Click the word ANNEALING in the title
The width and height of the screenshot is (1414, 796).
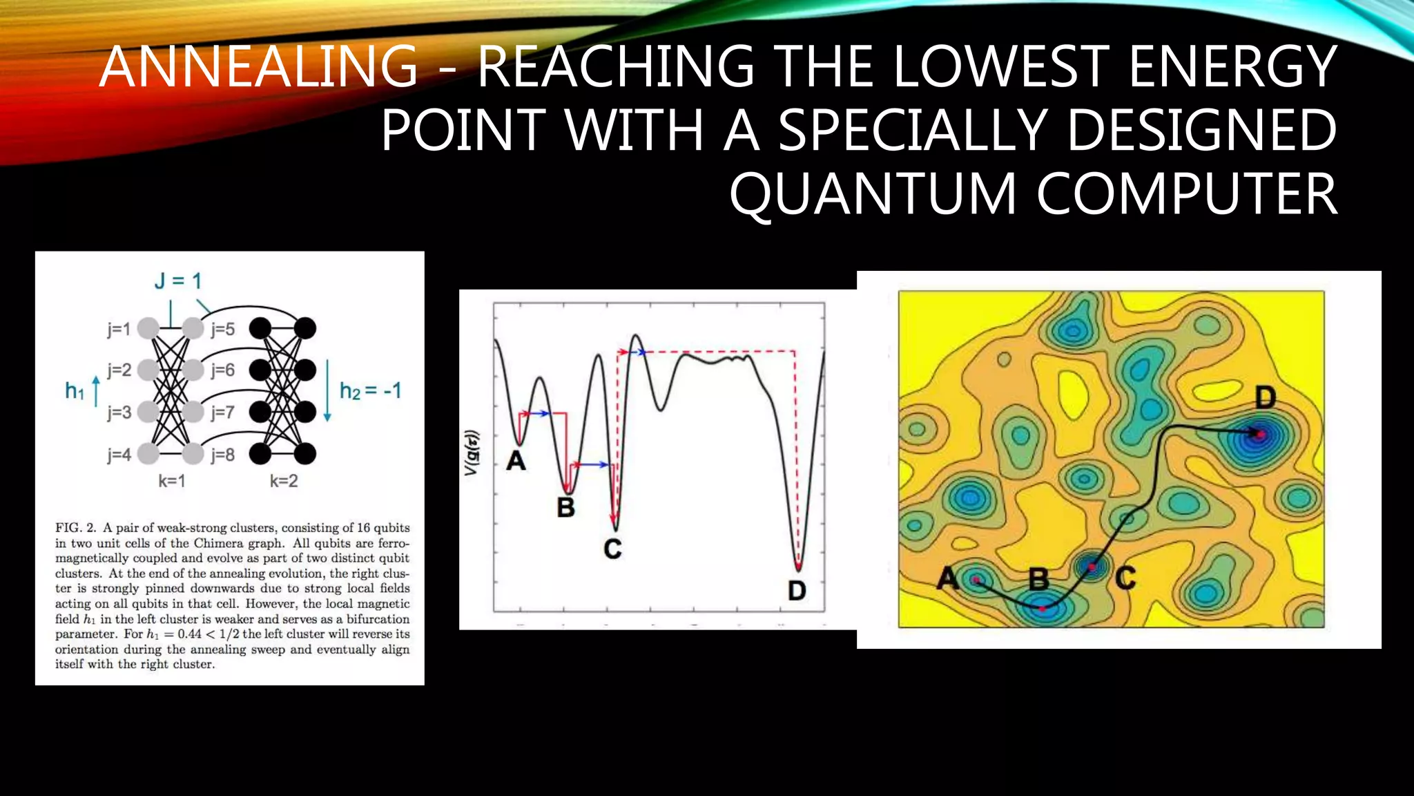[259, 66]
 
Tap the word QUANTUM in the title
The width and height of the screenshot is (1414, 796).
[873, 194]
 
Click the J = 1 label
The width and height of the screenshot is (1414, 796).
[177, 281]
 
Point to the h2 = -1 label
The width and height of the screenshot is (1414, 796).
[370, 391]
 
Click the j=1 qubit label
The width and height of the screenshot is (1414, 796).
[119, 329]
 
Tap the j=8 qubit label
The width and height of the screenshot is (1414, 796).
[223, 455]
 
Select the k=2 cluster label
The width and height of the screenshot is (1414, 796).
[284, 481]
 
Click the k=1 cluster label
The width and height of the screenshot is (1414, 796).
[172, 481]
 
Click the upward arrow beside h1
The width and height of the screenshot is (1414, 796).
[96, 390]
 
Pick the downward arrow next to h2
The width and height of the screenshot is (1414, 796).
[327, 390]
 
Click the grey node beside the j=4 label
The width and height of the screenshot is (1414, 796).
[148, 454]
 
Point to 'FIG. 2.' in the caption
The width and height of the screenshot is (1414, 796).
[75, 528]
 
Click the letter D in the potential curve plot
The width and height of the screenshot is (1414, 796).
[797, 591]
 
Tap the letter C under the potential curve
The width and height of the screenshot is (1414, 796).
[612, 549]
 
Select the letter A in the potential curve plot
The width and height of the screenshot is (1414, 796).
[516, 461]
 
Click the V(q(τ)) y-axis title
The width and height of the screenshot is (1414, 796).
[472, 453]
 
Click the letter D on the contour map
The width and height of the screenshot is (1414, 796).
[1265, 398]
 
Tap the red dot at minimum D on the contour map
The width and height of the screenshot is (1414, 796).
[1260, 435]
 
